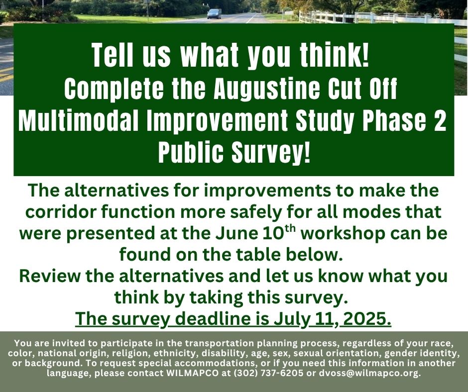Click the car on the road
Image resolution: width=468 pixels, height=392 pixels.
pyautogui.click(x=214, y=14)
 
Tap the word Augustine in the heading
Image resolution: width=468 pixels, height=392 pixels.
pyautogui.click(x=266, y=89)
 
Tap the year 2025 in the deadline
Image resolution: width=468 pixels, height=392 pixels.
pyautogui.click(x=367, y=318)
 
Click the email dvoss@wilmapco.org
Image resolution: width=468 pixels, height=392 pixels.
pyautogui.click(x=370, y=373)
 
